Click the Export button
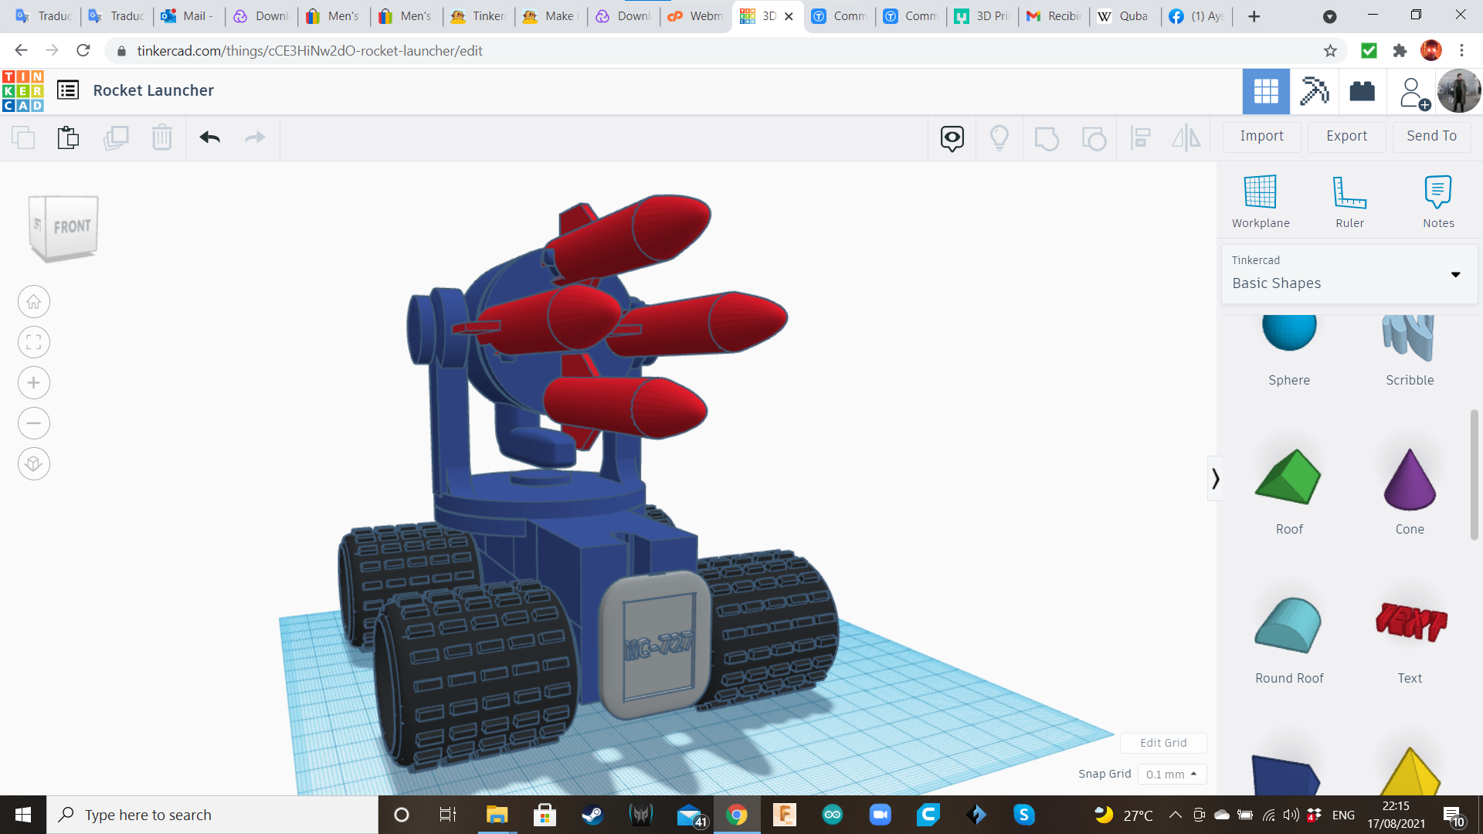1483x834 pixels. (x=1346, y=136)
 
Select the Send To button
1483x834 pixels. (x=1431, y=136)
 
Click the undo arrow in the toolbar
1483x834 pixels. (x=209, y=137)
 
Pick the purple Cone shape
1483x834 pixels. (x=1409, y=480)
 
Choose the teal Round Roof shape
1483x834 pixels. (x=1288, y=625)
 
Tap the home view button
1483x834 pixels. (x=34, y=302)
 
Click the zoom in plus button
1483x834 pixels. (x=34, y=383)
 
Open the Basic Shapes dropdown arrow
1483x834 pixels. (x=1455, y=275)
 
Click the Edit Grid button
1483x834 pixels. (x=1163, y=743)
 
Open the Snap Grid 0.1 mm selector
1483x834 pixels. (x=1171, y=775)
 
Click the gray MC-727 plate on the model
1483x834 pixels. (x=657, y=645)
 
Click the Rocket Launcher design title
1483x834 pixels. (x=153, y=90)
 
